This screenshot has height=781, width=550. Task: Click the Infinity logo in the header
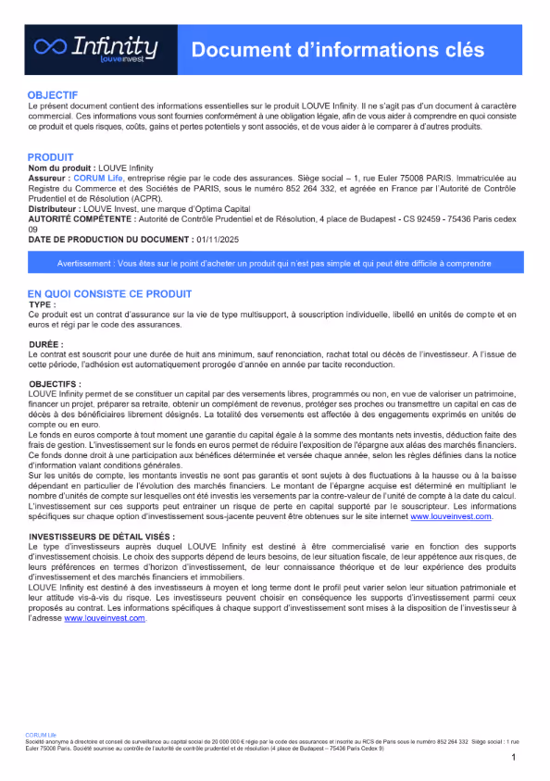tap(94, 49)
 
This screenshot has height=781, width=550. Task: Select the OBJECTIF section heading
tap(53, 95)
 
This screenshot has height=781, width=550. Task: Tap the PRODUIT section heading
tap(51, 156)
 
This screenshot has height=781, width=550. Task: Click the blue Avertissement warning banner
tap(274, 263)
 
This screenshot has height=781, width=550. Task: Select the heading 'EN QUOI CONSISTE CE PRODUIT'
tap(109, 293)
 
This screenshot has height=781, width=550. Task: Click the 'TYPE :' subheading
tap(43, 304)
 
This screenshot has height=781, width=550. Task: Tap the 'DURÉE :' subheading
tap(46, 344)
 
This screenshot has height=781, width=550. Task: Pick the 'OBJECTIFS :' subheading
tap(55, 383)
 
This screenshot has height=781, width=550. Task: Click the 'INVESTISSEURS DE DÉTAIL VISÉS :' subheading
tap(101, 536)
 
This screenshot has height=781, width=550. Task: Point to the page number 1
tap(513, 757)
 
